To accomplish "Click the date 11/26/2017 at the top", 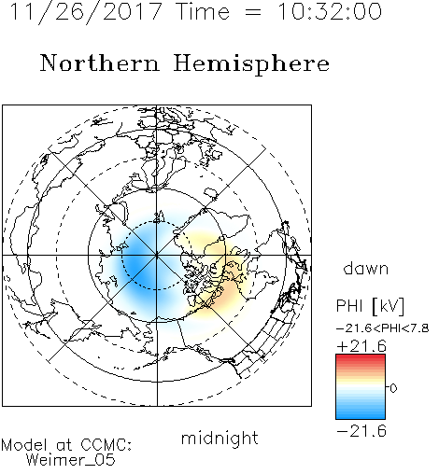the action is [x=86, y=12].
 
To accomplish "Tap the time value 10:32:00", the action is [x=330, y=12].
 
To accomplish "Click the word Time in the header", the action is [x=203, y=12].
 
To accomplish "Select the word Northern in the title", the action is [x=100, y=63].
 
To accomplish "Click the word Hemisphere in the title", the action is [x=251, y=64].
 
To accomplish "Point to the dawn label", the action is [x=366, y=269].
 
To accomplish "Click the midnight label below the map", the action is [x=219, y=439].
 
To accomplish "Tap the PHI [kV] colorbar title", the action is [x=370, y=306].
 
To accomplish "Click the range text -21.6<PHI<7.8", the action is [x=383, y=328].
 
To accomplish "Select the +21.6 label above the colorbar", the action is [x=361, y=346].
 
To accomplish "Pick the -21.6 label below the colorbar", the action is [x=361, y=431].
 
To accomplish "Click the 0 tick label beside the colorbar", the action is [x=393, y=388].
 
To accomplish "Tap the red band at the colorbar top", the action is [x=361, y=359].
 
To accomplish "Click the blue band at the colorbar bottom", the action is [x=361, y=413].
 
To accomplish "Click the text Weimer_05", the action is [x=71, y=460].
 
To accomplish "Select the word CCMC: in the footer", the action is [x=106, y=445].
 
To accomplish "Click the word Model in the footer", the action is [x=24, y=445].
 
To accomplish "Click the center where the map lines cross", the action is [x=157, y=256].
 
